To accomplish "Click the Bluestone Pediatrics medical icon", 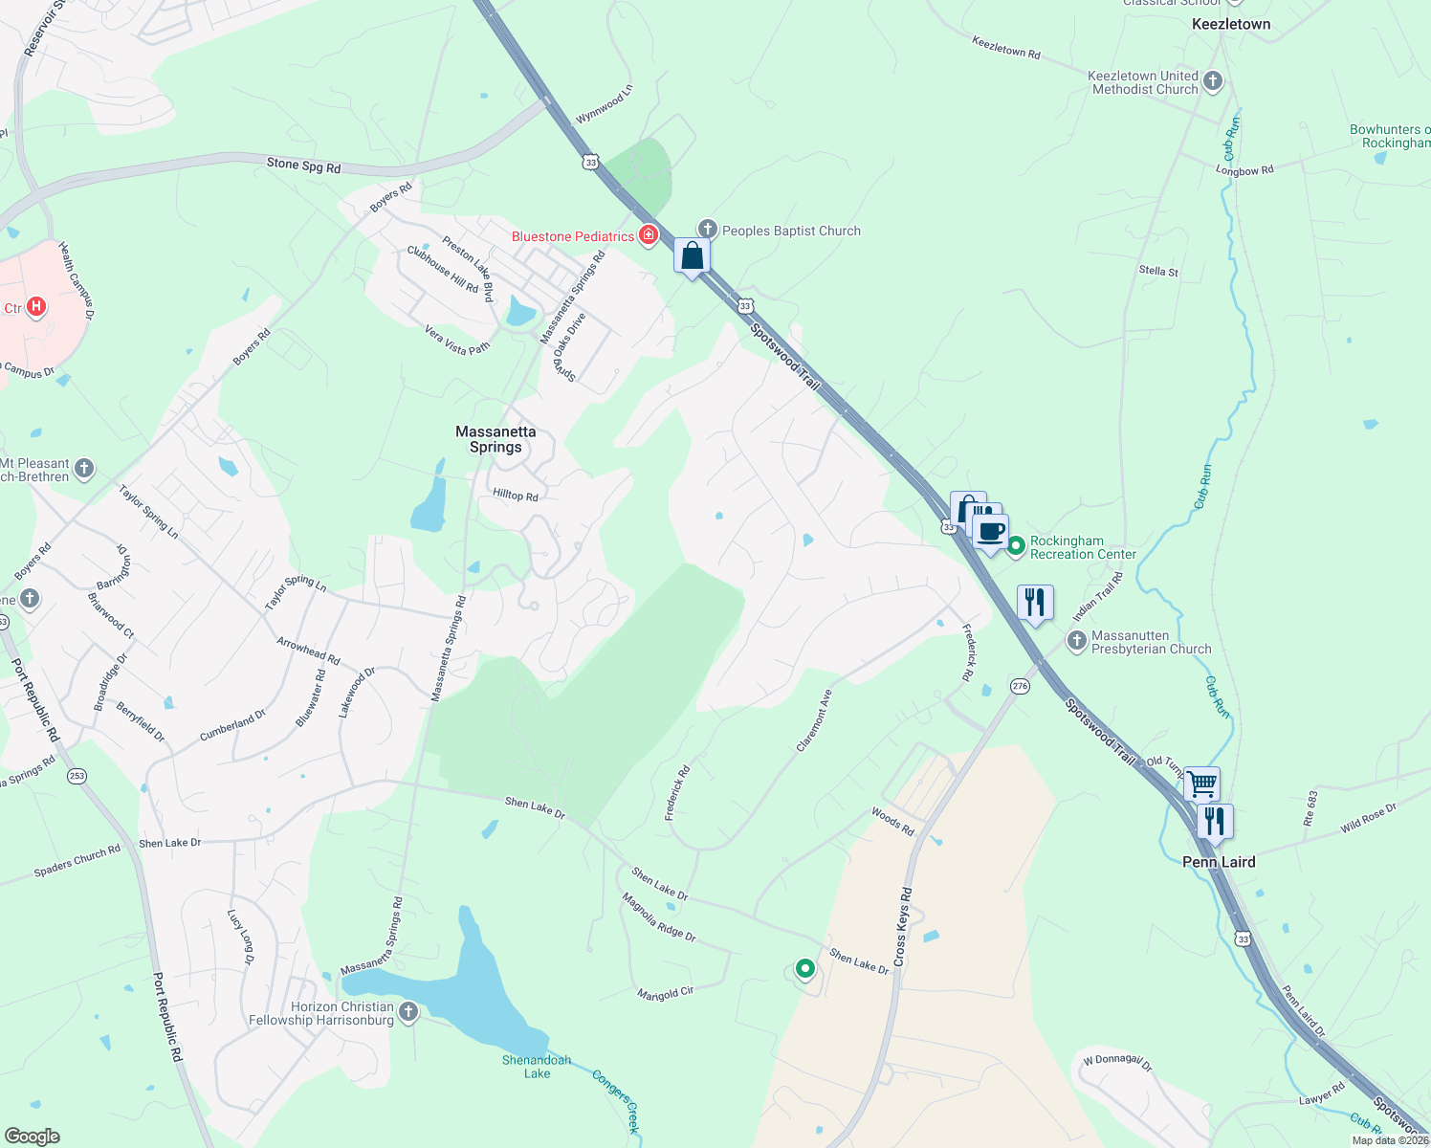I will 649,235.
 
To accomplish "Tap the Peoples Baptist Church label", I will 791,231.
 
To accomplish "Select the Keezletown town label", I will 1231,24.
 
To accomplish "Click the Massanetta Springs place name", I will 495,439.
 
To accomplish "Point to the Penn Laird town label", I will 1219,862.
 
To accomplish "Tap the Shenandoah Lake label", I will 537,1067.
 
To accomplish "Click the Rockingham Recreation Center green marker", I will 1016,546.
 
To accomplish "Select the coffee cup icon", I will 991,531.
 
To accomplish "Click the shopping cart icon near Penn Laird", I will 1201,784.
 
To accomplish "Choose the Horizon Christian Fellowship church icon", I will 408,1012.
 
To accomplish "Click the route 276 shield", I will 1021,686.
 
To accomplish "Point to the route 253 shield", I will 77,775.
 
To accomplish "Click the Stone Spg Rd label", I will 303,166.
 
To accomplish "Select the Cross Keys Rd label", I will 903,925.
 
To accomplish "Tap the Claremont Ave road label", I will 814,720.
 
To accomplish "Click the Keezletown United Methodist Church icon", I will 1213,81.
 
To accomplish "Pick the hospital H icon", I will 36,307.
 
